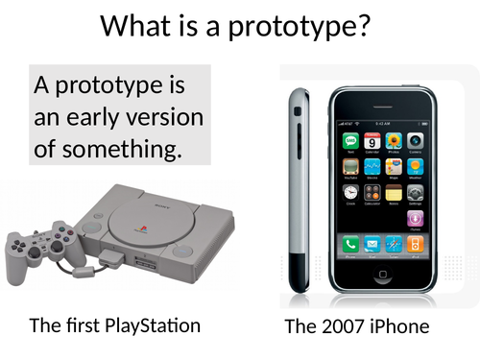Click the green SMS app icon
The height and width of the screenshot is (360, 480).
tap(350, 141)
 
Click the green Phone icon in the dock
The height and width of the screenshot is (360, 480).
tap(350, 244)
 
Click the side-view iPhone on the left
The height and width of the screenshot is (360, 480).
tap(299, 187)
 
